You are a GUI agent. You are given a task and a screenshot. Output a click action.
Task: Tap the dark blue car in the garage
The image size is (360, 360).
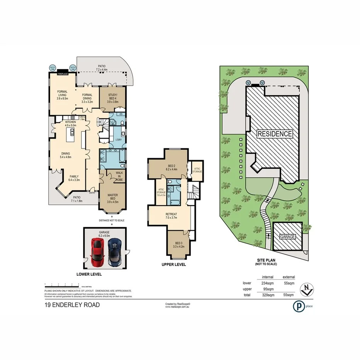pyautogui.click(x=115, y=252)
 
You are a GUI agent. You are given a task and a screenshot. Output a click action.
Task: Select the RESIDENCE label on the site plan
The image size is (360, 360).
pyautogui.click(x=275, y=134)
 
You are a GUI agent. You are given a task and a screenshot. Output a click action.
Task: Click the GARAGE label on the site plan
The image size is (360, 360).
pyautogui.click(x=287, y=236)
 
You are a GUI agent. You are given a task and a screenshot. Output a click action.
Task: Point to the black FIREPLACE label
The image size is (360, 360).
pyautogui.click(x=63, y=73)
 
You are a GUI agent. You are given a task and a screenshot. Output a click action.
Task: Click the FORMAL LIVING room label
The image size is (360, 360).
pyautogui.click(x=62, y=96)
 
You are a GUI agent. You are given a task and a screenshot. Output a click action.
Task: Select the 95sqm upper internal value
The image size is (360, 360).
pyautogui.click(x=268, y=289)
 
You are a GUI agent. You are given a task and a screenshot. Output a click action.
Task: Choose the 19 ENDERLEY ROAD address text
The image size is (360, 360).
pyautogui.click(x=72, y=305)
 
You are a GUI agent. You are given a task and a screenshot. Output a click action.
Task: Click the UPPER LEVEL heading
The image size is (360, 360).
pyautogui.click(x=174, y=265)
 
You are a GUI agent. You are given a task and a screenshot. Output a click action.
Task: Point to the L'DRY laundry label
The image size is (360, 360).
pyautogui.click(x=114, y=139)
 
